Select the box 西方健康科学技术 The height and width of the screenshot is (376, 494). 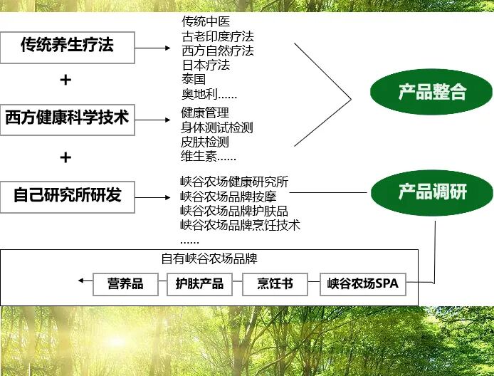68,117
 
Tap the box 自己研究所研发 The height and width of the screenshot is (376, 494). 68,194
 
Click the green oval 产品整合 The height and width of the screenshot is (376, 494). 431,92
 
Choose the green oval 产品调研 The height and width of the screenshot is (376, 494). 431,192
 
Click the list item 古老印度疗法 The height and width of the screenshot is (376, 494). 217,36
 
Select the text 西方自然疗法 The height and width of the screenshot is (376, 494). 217,51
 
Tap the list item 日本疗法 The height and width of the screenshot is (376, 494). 206,66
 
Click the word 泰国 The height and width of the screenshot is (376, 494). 194,80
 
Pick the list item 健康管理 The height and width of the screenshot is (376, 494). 205,113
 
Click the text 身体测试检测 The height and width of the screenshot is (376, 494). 217,127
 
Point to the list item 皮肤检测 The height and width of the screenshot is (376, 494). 205,142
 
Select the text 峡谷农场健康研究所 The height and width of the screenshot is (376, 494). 234,182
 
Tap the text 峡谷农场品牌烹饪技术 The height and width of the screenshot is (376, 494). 240,225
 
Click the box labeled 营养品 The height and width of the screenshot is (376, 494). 125,283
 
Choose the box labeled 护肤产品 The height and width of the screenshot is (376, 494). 199,283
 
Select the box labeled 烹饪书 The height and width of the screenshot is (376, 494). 275,283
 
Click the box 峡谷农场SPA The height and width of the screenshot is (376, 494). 362,283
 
